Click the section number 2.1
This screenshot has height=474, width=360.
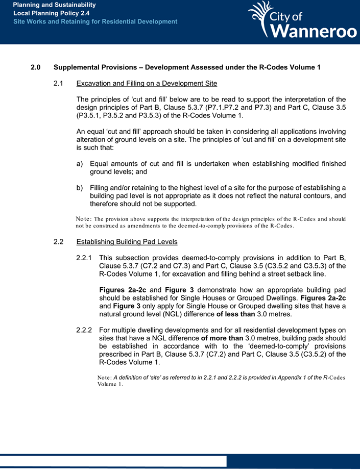click(x=59, y=84)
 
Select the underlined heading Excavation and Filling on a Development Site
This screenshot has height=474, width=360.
click(x=147, y=84)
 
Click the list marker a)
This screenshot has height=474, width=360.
click(x=79, y=164)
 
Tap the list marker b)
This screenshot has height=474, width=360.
click(x=79, y=187)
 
